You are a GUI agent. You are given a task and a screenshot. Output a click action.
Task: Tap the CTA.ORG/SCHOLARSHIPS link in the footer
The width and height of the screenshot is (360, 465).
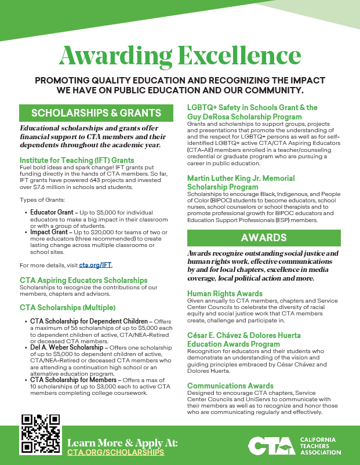(116, 452)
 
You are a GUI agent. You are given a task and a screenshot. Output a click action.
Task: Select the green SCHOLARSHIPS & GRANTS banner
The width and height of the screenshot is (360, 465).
(96, 112)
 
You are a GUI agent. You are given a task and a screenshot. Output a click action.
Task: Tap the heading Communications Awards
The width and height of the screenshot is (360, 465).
(230, 386)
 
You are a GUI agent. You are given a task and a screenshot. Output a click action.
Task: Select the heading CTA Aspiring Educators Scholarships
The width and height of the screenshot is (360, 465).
(83, 280)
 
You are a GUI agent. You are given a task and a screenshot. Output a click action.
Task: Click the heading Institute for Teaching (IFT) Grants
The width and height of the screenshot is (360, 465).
(77, 160)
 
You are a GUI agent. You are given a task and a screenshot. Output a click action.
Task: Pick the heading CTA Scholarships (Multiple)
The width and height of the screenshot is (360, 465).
(67, 307)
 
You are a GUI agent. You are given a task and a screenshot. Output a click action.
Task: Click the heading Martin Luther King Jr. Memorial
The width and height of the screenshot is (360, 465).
(241, 179)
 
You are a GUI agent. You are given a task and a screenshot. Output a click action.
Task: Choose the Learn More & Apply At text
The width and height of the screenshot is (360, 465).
(122, 442)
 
